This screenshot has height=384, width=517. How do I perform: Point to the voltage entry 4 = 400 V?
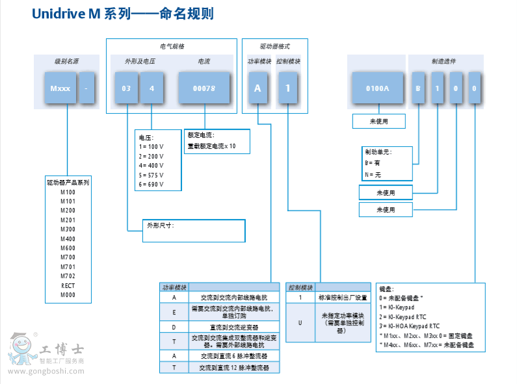click(152, 166)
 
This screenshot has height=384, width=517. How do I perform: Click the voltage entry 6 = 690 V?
click(152, 184)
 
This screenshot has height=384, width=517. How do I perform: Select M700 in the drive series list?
click(68, 257)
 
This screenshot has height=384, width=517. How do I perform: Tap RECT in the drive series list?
click(68, 285)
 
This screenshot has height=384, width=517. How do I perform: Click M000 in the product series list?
click(68, 294)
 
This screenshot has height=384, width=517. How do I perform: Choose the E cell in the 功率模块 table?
click(174, 311)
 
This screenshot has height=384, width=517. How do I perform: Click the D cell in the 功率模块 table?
click(174, 327)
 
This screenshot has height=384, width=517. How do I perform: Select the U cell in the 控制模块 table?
click(300, 322)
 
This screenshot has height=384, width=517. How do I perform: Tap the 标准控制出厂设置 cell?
click(343, 297)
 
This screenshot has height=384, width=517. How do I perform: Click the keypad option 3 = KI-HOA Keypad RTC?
click(409, 326)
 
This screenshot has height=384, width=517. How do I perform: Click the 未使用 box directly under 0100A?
click(378, 122)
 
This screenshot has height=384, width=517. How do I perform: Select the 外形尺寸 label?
click(161, 225)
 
